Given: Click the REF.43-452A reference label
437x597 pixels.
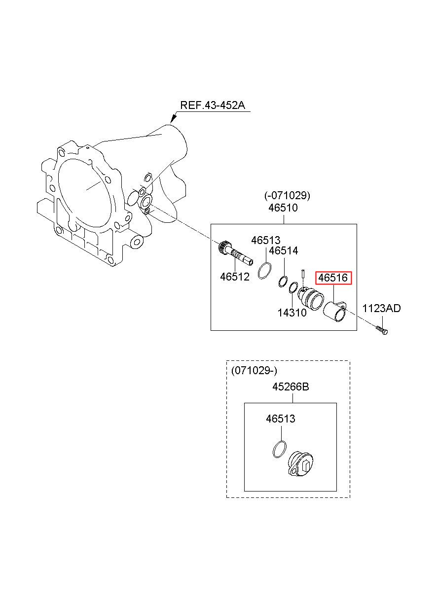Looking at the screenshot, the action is coord(213,105).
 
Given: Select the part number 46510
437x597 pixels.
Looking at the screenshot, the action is coord(283,208).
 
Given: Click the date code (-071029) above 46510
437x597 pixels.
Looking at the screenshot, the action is coord(288,196).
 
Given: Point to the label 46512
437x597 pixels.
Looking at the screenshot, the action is coord(235,277).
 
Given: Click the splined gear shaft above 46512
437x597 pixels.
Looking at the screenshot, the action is coord(235,253).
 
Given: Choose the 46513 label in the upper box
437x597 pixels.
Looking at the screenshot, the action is coord(266,241).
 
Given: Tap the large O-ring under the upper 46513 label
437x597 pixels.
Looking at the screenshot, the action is coord(265,271).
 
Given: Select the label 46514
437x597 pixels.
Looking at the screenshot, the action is coord(284,251).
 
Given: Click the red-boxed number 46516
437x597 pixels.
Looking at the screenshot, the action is coord(333,278).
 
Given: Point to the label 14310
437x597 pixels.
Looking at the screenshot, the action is coord(292,313).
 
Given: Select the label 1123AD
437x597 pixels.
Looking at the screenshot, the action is coord(381,309).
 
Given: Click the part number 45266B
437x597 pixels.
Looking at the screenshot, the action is coord(291,386).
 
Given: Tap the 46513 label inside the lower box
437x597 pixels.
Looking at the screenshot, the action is coord(281,419).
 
